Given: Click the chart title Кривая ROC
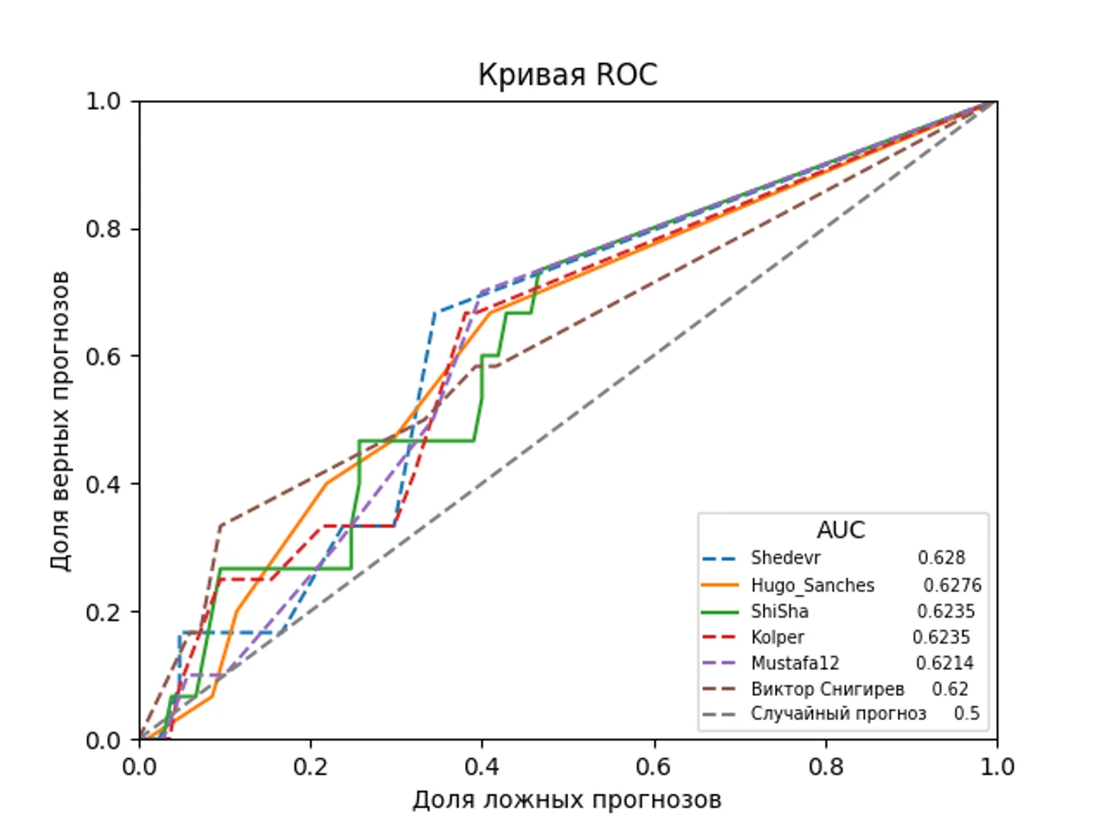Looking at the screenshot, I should [x=567, y=75].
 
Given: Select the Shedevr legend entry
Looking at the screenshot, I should [x=786, y=559].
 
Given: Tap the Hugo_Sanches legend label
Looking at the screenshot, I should [x=812, y=585].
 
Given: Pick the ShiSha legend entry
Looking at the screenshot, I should [x=779, y=611].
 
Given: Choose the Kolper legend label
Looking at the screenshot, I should [x=777, y=637].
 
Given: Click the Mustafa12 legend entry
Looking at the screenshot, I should [x=795, y=663].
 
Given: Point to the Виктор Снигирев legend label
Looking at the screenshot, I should [x=827, y=689].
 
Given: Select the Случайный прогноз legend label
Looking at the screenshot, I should [x=838, y=714].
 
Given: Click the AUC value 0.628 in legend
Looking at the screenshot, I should [x=941, y=559].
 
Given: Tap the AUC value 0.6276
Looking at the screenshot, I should [x=952, y=585].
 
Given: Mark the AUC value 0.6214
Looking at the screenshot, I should [x=944, y=663].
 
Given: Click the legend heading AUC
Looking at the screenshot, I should [x=841, y=530].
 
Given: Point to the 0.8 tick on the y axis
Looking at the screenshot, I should [x=103, y=229].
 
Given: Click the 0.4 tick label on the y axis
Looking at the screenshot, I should [x=103, y=484].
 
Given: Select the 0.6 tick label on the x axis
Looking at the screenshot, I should [x=654, y=767].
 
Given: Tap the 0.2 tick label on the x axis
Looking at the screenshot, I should [x=311, y=767].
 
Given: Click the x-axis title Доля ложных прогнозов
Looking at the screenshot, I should [x=567, y=800].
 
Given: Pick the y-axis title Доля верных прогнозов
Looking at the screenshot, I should [x=60, y=420].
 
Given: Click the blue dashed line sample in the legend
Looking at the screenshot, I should [x=720, y=559].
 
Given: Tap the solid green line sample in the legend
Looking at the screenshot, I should [x=720, y=612].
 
